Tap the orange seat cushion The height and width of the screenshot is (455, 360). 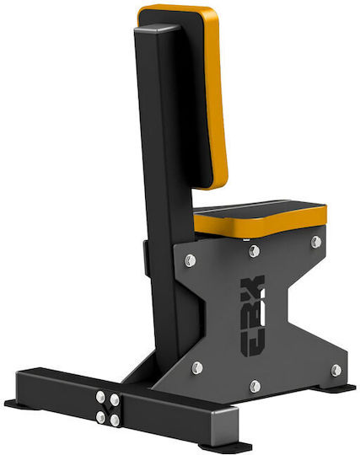click(260, 217)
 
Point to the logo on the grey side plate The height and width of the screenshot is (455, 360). click(253, 315)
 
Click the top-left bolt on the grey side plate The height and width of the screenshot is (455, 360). click(191, 260)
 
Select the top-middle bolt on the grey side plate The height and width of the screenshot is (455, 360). click(255, 251)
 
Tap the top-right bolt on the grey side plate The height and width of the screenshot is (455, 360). click(316, 242)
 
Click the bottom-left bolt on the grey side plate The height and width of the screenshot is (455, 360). click(197, 368)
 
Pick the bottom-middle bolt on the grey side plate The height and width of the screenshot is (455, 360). click(255, 386)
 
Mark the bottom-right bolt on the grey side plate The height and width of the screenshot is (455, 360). click(336, 370)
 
